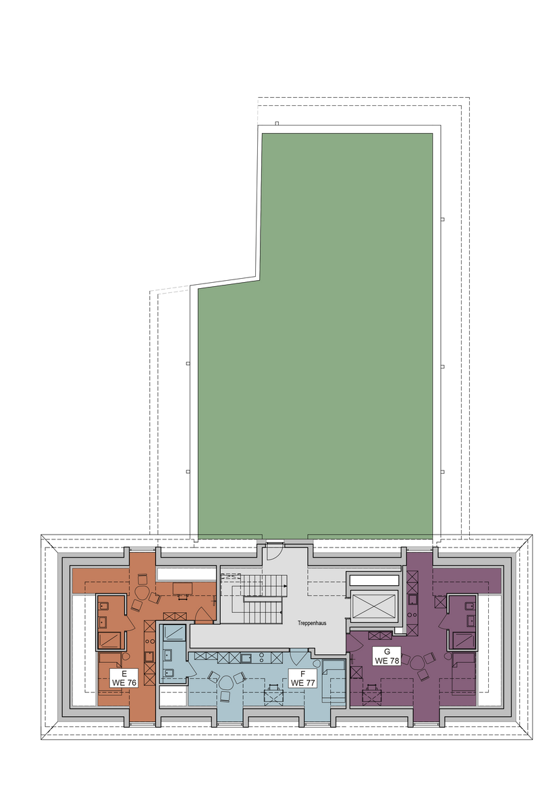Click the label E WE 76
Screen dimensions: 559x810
click(x=124, y=679)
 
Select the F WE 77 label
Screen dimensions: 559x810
click(x=302, y=679)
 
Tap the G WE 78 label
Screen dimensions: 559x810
click(x=387, y=657)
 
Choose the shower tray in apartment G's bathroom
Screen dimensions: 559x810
click(x=463, y=641)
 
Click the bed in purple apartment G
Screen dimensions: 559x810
click(x=464, y=672)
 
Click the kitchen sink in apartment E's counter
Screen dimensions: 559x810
click(x=149, y=656)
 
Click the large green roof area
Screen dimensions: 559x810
click(x=315, y=362)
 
